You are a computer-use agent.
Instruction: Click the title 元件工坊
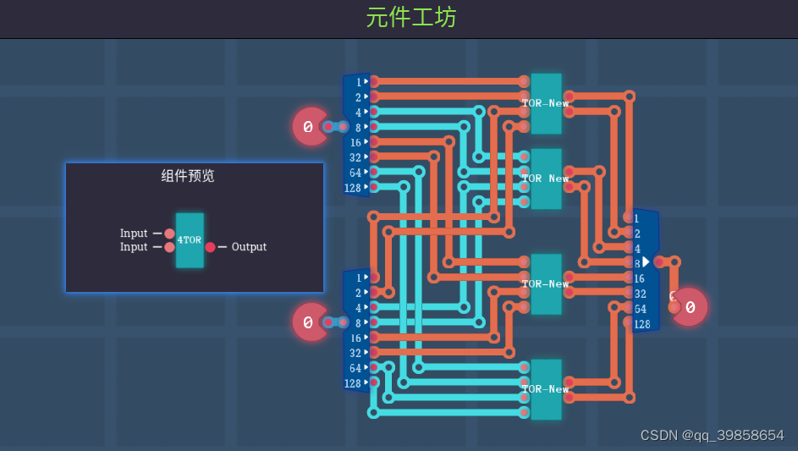(411, 18)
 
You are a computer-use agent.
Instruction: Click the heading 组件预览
(188, 176)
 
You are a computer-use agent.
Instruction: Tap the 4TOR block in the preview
(190, 240)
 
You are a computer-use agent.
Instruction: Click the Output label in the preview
(249, 247)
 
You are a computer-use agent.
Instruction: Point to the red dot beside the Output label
(211, 247)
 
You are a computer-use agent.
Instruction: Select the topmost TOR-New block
(546, 103)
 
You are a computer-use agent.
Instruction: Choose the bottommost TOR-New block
(546, 389)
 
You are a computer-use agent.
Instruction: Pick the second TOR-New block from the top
(546, 179)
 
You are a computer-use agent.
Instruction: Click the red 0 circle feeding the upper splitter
(309, 127)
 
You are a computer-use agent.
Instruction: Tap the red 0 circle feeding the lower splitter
(309, 322)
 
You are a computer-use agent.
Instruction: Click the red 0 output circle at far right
(690, 307)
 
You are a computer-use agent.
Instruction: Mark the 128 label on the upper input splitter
(353, 188)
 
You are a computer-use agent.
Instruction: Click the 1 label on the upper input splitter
(358, 82)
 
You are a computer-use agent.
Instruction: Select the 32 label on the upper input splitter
(355, 157)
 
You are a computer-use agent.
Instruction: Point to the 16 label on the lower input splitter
(355, 338)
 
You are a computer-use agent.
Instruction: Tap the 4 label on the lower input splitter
(358, 308)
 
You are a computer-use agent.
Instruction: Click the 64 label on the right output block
(640, 309)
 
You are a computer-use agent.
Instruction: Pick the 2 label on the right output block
(636, 234)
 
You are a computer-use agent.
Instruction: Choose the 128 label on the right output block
(642, 324)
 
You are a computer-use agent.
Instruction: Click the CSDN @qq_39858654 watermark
(712, 436)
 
